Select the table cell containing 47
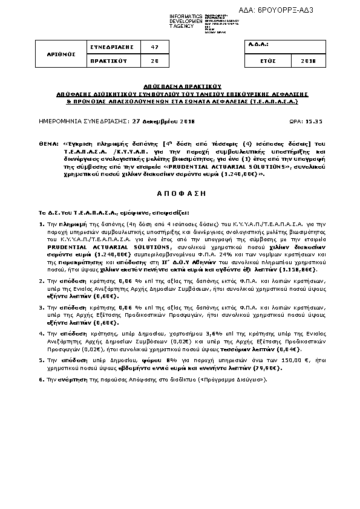(x=154, y=46)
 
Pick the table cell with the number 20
(x=154, y=61)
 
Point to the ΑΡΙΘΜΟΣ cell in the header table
(x=62, y=54)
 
